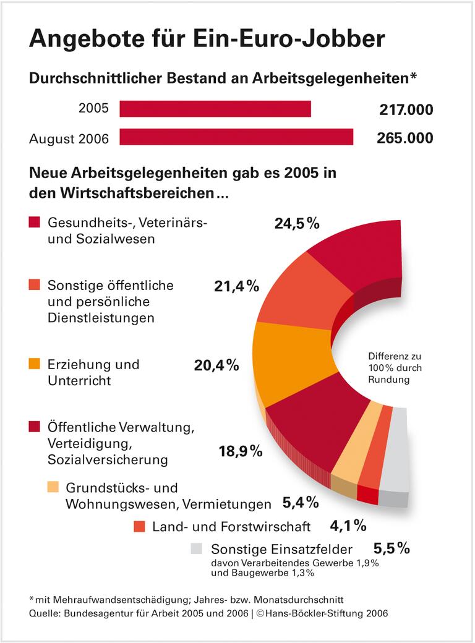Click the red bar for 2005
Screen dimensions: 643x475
[x=215, y=109]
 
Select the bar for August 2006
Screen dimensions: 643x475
[x=236, y=137]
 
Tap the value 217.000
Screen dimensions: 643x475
[x=405, y=110]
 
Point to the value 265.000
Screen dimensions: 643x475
[x=405, y=138]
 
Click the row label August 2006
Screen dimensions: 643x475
[x=69, y=138]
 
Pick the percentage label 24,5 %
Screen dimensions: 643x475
[x=297, y=223]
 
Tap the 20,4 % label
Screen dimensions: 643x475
[x=216, y=365]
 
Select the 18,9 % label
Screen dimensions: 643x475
[x=241, y=451]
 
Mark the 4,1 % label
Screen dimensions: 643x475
[x=348, y=526]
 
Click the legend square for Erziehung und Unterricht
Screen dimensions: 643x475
[x=35, y=364]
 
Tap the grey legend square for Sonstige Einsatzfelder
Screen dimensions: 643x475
[x=197, y=548]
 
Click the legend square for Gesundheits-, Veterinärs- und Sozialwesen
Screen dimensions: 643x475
[x=35, y=222]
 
